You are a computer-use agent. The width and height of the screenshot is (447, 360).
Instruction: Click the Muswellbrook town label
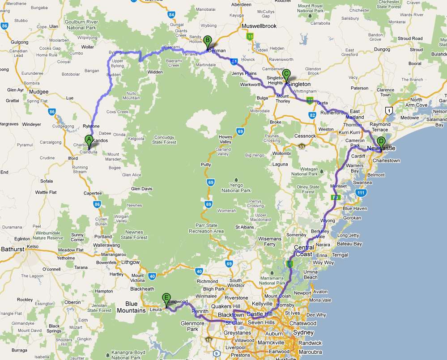[259, 26]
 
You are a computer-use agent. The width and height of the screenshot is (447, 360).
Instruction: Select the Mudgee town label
[39, 92]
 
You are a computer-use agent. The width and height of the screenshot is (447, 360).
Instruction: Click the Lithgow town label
[131, 263]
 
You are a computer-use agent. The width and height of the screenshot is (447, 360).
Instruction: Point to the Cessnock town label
[305, 136]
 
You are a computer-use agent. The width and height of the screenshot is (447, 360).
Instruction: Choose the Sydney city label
[304, 333]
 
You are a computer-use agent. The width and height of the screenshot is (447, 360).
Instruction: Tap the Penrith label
[200, 311]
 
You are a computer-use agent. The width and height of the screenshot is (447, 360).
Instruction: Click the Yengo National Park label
[236, 187]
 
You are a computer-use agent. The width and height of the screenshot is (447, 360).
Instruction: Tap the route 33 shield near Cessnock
[302, 146]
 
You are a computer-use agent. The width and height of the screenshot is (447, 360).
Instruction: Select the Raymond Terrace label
[380, 127]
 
